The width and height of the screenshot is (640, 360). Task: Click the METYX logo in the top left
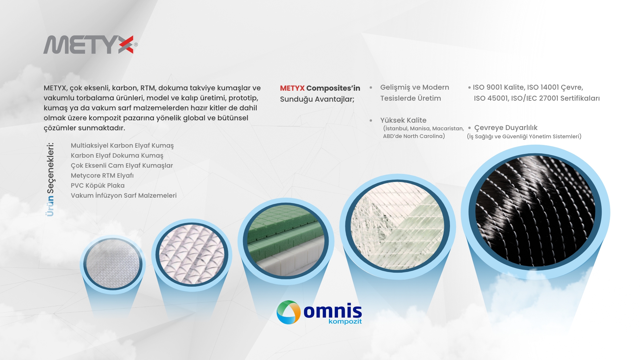90,45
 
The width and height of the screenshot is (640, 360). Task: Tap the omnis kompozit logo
319,313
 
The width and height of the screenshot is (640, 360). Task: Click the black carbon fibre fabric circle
535,212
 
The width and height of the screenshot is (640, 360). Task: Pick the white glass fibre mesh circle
397,227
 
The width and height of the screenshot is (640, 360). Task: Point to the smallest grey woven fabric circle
113,264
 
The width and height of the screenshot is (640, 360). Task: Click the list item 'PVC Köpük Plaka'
98,186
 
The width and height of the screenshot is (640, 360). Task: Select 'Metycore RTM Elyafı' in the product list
102,176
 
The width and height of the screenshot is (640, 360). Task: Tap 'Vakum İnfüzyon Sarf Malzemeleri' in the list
124,196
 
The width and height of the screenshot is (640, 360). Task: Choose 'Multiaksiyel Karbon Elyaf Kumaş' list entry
122,146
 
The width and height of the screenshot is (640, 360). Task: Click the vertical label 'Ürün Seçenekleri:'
50,180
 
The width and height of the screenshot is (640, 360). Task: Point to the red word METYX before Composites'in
292,88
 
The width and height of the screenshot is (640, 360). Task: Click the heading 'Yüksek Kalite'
403,120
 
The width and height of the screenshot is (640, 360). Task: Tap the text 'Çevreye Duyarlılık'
506,128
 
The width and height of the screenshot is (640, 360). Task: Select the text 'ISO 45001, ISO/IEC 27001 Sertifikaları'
537,98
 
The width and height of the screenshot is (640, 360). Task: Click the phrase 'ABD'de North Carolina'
414,136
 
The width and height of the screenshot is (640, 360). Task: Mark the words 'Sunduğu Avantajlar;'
317,99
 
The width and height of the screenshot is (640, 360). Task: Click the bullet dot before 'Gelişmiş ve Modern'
371,88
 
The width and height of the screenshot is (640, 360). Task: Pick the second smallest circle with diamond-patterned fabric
192,255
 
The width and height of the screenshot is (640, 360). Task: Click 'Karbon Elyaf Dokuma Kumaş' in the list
117,156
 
